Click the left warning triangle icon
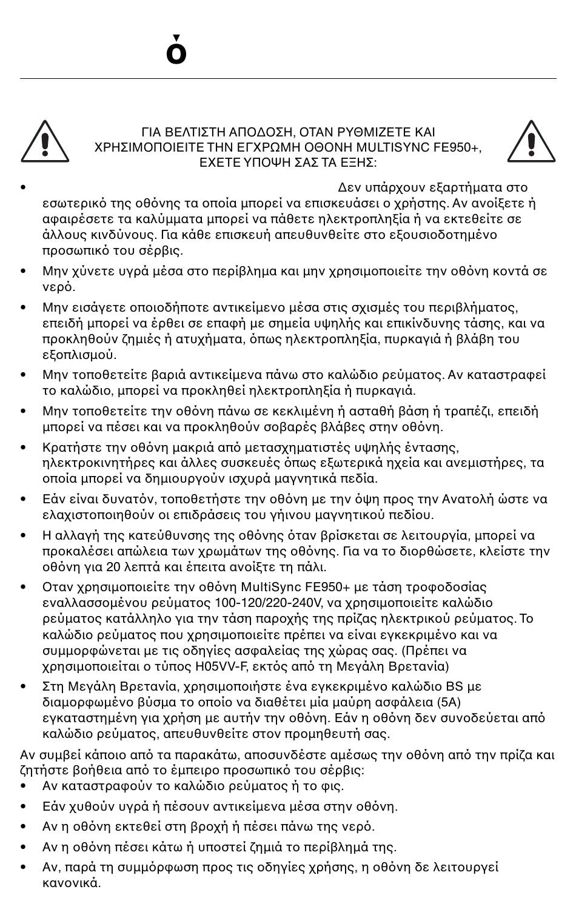coord(44,142)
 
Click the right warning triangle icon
coord(531,142)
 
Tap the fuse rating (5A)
coord(448,702)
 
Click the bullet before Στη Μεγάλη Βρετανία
coord(24,687)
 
